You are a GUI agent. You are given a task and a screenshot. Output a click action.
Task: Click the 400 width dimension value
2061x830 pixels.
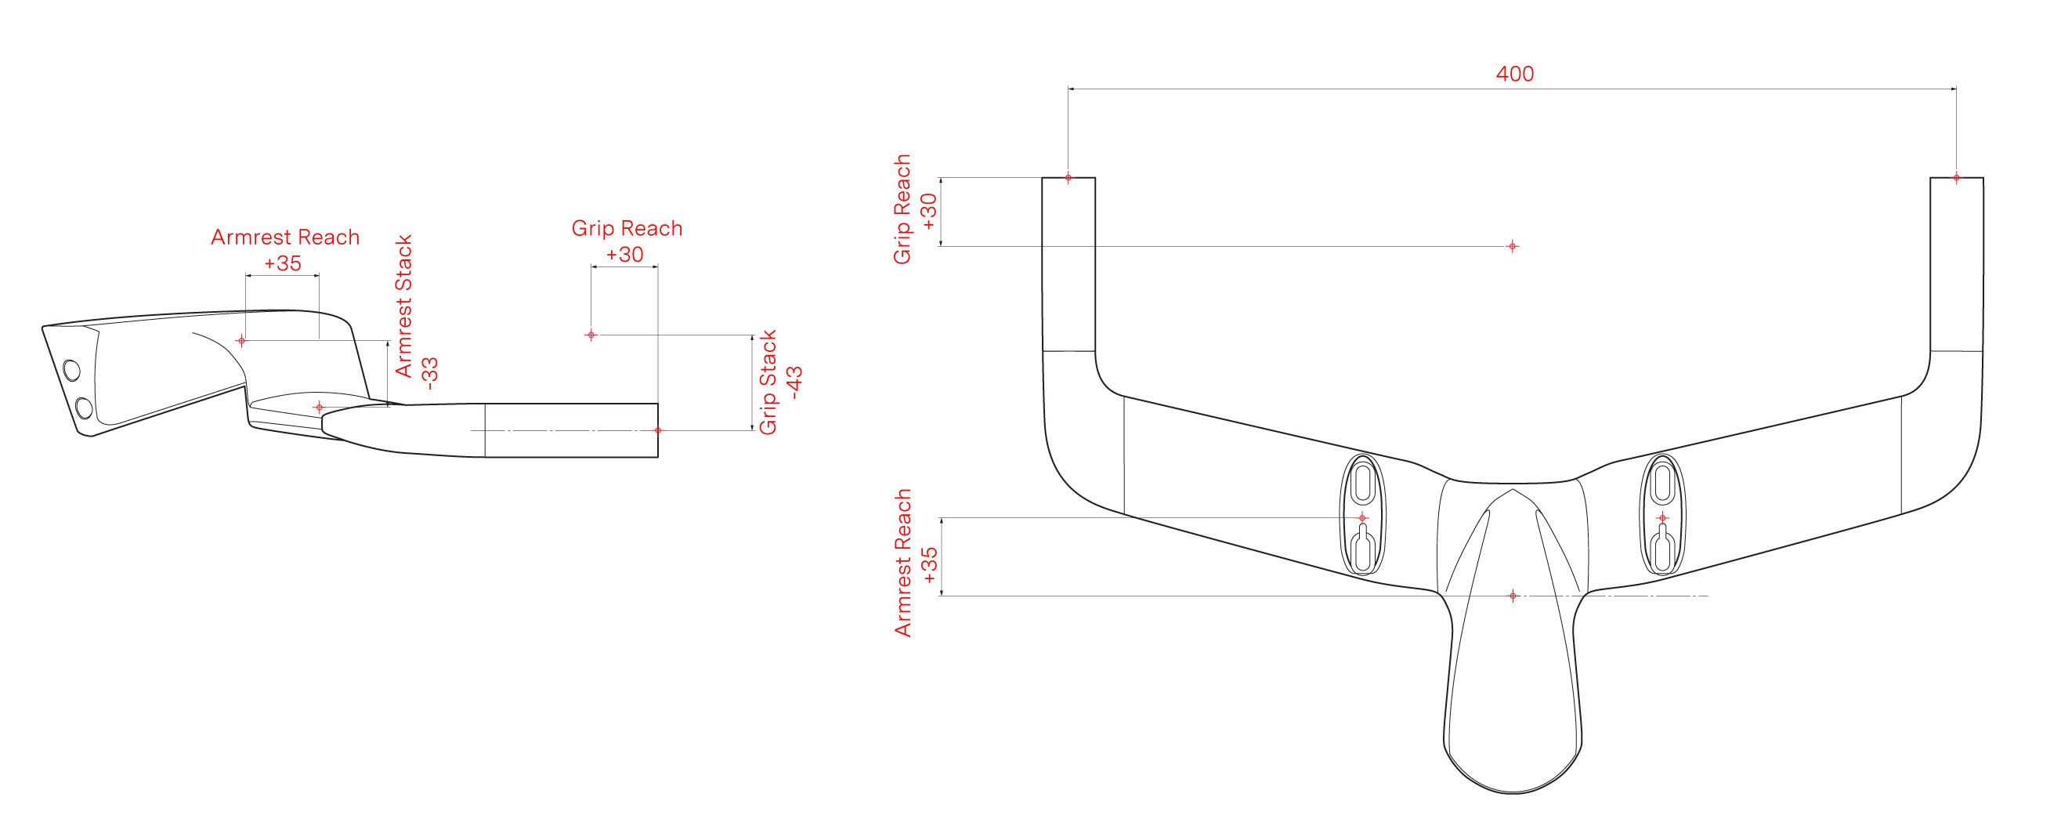pyautogui.click(x=1514, y=74)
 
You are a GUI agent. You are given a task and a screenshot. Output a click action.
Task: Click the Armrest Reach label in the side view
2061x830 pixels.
pyautogui.click(x=285, y=237)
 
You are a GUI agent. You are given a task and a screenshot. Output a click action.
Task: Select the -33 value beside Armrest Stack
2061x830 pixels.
pyautogui.click(x=432, y=373)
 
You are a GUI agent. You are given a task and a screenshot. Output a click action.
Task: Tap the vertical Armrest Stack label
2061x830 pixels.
pyautogui.click(x=404, y=306)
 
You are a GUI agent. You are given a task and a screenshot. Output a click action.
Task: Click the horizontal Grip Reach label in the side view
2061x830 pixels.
pyautogui.click(x=627, y=228)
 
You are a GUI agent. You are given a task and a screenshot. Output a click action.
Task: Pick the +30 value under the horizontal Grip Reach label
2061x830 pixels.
pyautogui.click(x=625, y=255)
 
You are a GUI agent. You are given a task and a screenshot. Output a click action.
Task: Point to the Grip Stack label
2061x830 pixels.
pyautogui.click(x=768, y=382)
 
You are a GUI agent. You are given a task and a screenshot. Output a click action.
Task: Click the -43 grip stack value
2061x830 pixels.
pyautogui.click(x=794, y=382)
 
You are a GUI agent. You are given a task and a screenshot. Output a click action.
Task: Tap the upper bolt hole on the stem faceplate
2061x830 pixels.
pyautogui.click(x=71, y=371)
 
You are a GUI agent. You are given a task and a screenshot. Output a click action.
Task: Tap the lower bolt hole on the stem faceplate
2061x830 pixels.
pyautogui.click(x=84, y=409)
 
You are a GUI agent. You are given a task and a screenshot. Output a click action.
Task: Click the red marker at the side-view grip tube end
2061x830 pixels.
pyautogui.click(x=658, y=430)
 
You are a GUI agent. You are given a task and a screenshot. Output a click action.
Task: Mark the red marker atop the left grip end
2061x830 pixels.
pyautogui.click(x=1068, y=178)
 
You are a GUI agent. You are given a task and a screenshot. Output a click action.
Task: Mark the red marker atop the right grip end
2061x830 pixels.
pyautogui.click(x=1956, y=178)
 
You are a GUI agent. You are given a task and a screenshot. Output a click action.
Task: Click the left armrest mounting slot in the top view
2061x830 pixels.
pyautogui.click(x=1362, y=514)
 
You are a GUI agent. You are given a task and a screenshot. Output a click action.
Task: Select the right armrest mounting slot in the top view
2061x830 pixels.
pyautogui.click(x=1661, y=514)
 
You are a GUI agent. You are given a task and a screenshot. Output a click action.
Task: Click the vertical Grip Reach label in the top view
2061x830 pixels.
pyautogui.click(x=902, y=210)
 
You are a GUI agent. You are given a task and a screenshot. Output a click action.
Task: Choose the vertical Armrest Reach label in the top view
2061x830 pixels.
pyautogui.click(x=903, y=563)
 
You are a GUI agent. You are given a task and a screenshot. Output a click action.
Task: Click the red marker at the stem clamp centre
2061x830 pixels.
pyautogui.click(x=1512, y=596)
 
